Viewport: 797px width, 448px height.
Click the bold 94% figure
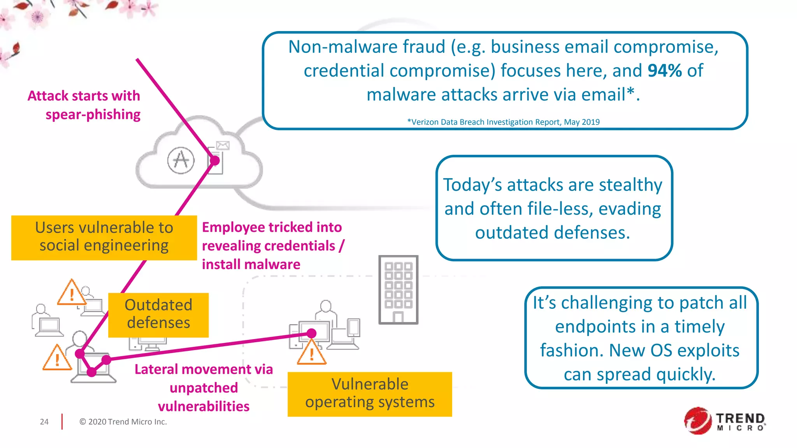point(664,71)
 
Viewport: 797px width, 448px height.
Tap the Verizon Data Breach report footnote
point(503,122)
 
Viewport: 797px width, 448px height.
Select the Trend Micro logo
point(725,421)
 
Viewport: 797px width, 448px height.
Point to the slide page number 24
point(44,422)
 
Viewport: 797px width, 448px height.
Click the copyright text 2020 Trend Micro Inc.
point(123,422)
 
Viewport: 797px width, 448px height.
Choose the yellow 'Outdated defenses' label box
point(158,314)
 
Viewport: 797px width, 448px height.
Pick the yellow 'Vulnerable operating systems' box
point(370,394)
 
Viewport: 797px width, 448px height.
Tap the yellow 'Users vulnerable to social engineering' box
point(104,237)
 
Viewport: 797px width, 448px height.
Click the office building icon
point(398,290)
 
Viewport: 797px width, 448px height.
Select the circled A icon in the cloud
point(181,160)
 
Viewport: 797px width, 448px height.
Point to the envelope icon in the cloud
point(223,145)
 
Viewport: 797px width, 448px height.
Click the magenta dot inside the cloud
point(215,160)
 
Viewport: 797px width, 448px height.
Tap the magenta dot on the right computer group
point(311,333)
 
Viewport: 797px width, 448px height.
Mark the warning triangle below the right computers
point(311,353)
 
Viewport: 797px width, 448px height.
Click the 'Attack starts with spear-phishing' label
point(84,105)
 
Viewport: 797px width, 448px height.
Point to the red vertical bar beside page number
point(62,422)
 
